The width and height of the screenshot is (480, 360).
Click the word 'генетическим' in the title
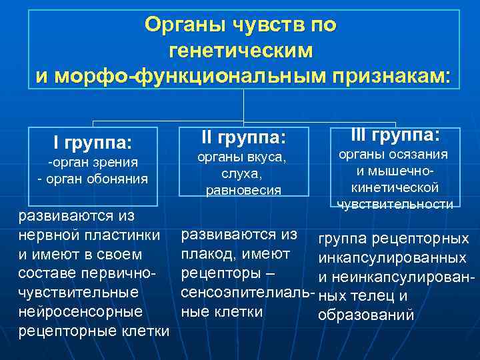[241, 51]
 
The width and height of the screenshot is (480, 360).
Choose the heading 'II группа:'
[243, 138]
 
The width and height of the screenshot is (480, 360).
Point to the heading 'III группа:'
[395, 135]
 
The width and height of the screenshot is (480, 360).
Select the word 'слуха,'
[243, 173]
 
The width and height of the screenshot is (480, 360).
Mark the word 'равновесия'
[243, 190]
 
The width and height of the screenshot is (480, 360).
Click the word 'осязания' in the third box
[420, 155]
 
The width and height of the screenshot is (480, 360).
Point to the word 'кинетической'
[395, 187]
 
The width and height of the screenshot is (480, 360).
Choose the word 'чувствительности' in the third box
[395, 204]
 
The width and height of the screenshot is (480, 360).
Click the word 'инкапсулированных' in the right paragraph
[392, 258]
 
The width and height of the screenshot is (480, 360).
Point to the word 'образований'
[367, 315]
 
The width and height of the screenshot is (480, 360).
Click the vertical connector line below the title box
[244, 107]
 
